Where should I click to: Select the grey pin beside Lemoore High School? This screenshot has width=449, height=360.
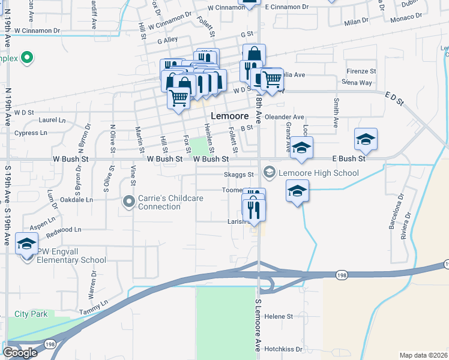(269, 173)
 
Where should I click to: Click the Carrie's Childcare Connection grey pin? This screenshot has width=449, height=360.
(128, 202)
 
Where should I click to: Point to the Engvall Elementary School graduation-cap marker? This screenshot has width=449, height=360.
(26, 245)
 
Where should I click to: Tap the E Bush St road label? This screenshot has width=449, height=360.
(349, 159)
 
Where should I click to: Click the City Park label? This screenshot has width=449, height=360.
(31, 314)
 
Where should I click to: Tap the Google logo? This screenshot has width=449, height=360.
(20, 352)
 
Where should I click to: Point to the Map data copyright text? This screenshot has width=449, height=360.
(424, 355)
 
